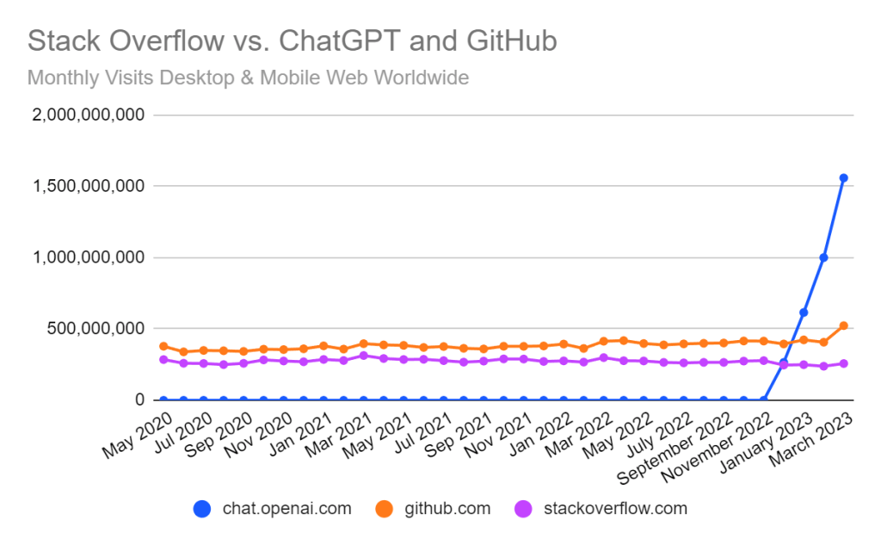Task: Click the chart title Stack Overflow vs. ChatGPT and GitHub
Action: click(x=293, y=40)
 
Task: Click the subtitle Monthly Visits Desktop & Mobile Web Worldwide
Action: click(x=248, y=77)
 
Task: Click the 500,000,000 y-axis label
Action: click(x=97, y=329)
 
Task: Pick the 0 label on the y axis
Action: click(x=137, y=400)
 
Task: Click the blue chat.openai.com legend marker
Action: click(x=202, y=509)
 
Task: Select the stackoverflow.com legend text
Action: click(x=616, y=508)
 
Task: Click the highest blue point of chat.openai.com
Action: click(x=844, y=178)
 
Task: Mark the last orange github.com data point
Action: click(x=844, y=325)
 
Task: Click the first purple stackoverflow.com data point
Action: click(x=163, y=359)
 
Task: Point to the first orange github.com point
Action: click(x=163, y=346)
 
